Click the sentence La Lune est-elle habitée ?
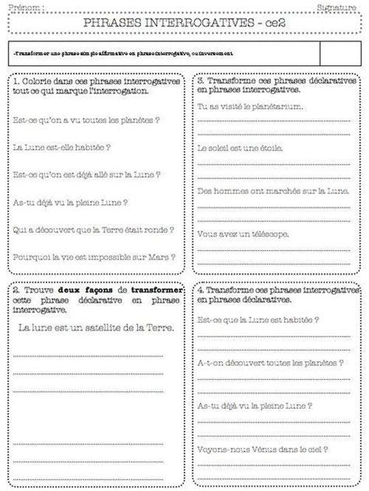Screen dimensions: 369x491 pos(62,146)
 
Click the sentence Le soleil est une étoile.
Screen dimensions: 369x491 pos(237,148)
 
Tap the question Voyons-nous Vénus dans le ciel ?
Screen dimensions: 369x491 pos(262,448)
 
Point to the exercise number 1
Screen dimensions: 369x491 pos(16,81)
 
